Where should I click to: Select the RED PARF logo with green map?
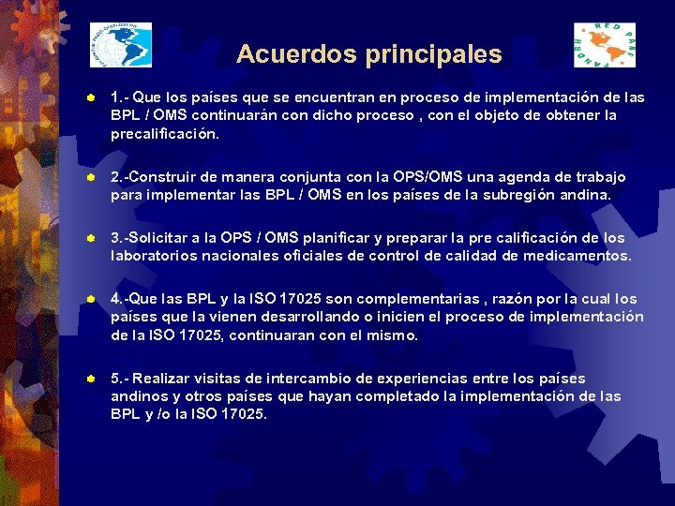[604, 45]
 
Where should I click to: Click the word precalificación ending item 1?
[165, 133]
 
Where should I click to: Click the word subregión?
[528, 195]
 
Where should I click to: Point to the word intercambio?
[313, 379]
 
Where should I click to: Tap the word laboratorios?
[158, 256]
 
